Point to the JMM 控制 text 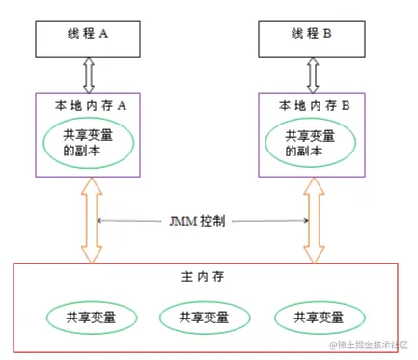point(200,221)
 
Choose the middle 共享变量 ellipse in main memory point(205,316)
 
